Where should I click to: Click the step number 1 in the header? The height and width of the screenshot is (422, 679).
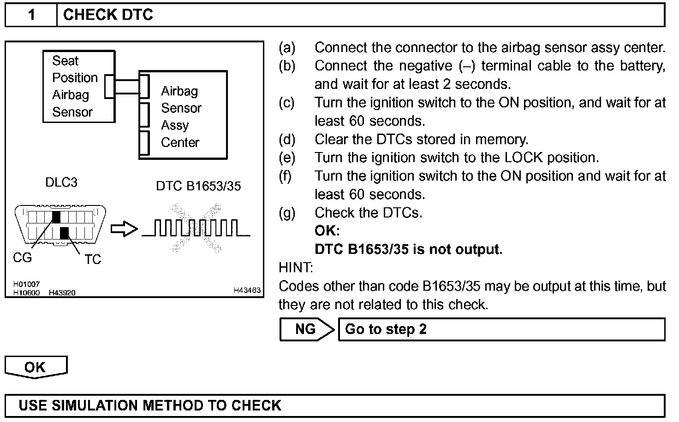coord(31,15)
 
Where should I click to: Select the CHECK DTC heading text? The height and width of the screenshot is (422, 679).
coord(108,15)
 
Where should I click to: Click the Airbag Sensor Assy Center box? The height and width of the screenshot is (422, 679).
coord(183,115)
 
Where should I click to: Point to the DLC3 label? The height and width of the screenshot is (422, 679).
coord(61,182)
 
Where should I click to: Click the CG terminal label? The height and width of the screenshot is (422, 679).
coord(22,258)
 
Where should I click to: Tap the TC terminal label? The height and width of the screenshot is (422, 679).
coord(93,260)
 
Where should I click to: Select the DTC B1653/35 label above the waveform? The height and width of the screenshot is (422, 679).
coord(198,186)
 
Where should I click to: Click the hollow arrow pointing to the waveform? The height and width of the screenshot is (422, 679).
coord(124,229)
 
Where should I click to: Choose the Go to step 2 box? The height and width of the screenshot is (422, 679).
coord(501,329)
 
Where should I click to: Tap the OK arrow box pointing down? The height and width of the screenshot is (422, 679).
coord(36,367)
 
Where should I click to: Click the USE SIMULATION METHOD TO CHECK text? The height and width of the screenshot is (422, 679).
coord(150,405)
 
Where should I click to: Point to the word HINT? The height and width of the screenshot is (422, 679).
coord(296,268)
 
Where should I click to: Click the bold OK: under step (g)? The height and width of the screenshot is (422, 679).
coord(327,231)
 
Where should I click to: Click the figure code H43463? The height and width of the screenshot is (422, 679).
coord(247,290)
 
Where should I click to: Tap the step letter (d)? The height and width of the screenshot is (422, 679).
coord(287,139)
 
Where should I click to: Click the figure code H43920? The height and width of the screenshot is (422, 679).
coord(62,293)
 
